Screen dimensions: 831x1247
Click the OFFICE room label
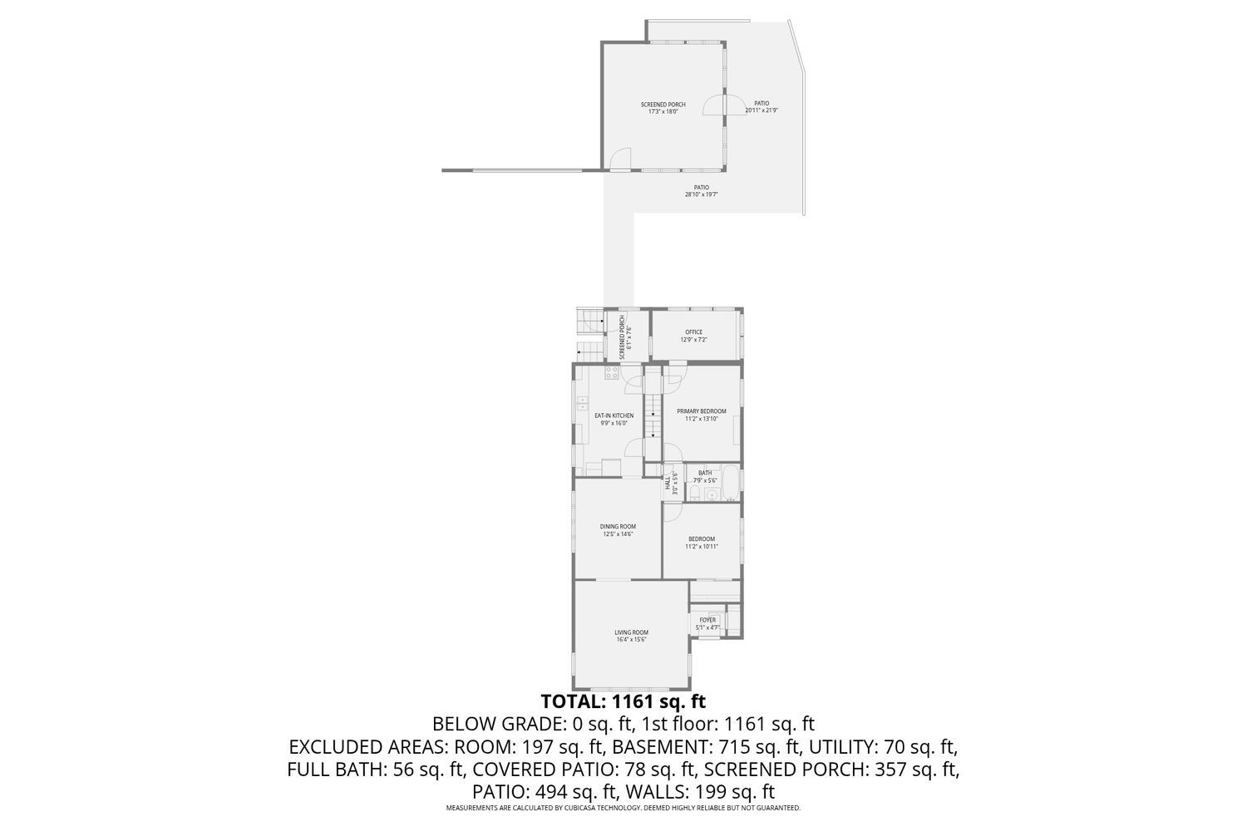pos(693,332)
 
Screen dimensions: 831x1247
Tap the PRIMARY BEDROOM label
pos(701,411)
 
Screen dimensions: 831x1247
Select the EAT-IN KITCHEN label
pos(614,415)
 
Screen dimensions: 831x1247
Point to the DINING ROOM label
pos(618,526)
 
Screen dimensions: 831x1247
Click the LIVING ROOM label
pos(632,632)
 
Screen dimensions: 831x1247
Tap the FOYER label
pos(707,620)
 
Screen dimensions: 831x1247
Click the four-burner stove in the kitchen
pos(611,371)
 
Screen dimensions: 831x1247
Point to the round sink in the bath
pos(712,496)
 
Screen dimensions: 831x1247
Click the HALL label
pos(668,484)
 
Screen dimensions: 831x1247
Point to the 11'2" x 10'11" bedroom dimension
pos(701,546)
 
